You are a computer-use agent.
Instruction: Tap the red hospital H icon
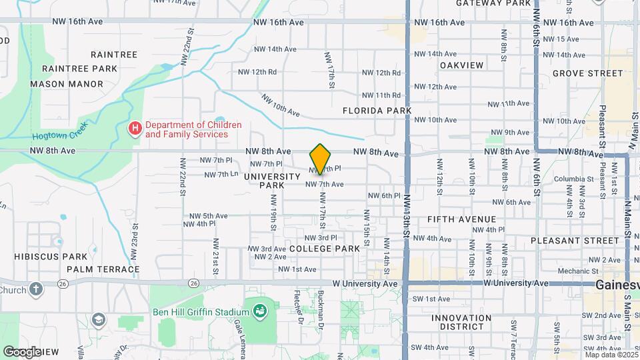pos(135,127)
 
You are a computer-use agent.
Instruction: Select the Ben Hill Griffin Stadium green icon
pos(259,310)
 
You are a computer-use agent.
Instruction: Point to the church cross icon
pos(35,289)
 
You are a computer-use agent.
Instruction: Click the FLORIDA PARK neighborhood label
pos(377,110)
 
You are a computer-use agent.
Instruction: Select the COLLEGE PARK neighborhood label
pos(325,248)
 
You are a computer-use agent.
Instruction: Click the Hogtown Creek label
pos(68,133)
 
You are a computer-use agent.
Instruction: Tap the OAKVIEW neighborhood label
pos(461,65)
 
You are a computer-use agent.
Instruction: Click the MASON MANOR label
pos(67,84)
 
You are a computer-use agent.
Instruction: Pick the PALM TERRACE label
pos(103,270)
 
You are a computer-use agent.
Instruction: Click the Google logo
pos(21,351)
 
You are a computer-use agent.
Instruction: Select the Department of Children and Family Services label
pos(184,129)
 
